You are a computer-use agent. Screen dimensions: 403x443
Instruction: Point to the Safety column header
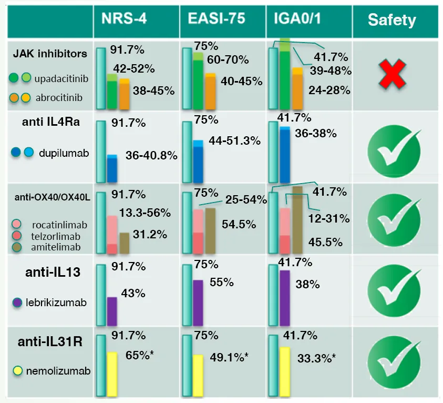[x=392, y=21]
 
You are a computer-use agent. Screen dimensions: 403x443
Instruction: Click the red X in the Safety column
[x=392, y=74]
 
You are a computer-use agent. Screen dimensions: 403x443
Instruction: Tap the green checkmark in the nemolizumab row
[x=392, y=363]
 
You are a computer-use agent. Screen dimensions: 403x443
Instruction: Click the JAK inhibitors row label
[x=50, y=54]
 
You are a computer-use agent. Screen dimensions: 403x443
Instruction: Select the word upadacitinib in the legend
[x=61, y=79]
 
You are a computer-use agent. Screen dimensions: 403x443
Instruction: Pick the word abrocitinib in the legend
[x=59, y=97]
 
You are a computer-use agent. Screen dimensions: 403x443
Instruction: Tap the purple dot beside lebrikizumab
[x=17, y=303]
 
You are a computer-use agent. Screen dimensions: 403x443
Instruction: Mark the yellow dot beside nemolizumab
[x=17, y=371]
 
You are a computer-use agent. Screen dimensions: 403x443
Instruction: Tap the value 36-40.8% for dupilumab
[x=151, y=156]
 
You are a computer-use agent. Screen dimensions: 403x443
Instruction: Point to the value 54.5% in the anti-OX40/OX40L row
[x=239, y=224]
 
